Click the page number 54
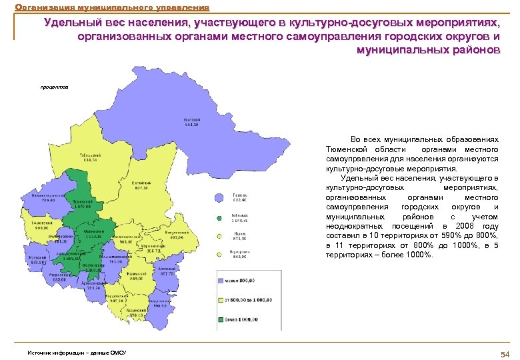pos(504,353)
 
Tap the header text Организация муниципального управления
pos(112,8)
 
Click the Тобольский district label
pos(91,156)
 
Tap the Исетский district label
pos(37,260)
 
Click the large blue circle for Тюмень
pos(218,197)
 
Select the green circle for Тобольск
pos(219,217)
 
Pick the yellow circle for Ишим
pos(219,235)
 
